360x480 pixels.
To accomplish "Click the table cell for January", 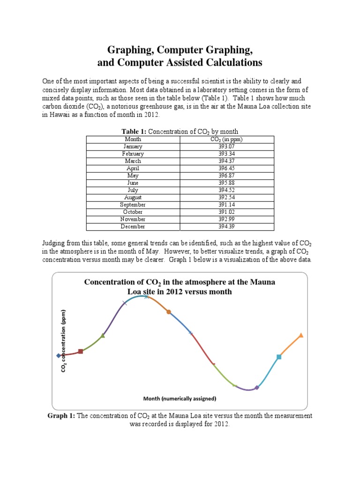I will pyautogui.click(x=133, y=146).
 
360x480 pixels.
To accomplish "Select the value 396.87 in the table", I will pyautogui.click(x=226, y=175).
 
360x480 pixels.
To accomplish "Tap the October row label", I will pyautogui.click(x=133, y=212).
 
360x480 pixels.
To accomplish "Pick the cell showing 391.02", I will pyautogui.click(x=226, y=212).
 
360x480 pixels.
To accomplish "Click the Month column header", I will pyautogui.click(x=133, y=139).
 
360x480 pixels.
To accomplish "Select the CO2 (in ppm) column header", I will pyautogui.click(x=226, y=139).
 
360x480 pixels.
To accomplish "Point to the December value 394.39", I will pyautogui.click(x=226, y=226).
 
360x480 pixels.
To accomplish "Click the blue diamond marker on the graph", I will pyautogui.click(x=58, y=355).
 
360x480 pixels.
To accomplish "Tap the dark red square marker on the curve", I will pyautogui.click(x=81, y=351).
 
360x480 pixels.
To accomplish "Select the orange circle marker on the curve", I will pyautogui.click(x=169, y=312).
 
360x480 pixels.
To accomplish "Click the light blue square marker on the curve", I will pyautogui.click(x=279, y=357).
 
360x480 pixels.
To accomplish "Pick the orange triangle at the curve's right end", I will pyautogui.click(x=301, y=335).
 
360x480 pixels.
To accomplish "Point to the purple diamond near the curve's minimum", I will pyautogui.click(x=256, y=388).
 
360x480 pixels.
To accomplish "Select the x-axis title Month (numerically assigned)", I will pyautogui.click(x=180, y=399).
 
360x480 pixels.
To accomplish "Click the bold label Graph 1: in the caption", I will pyautogui.click(x=61, y=416).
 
